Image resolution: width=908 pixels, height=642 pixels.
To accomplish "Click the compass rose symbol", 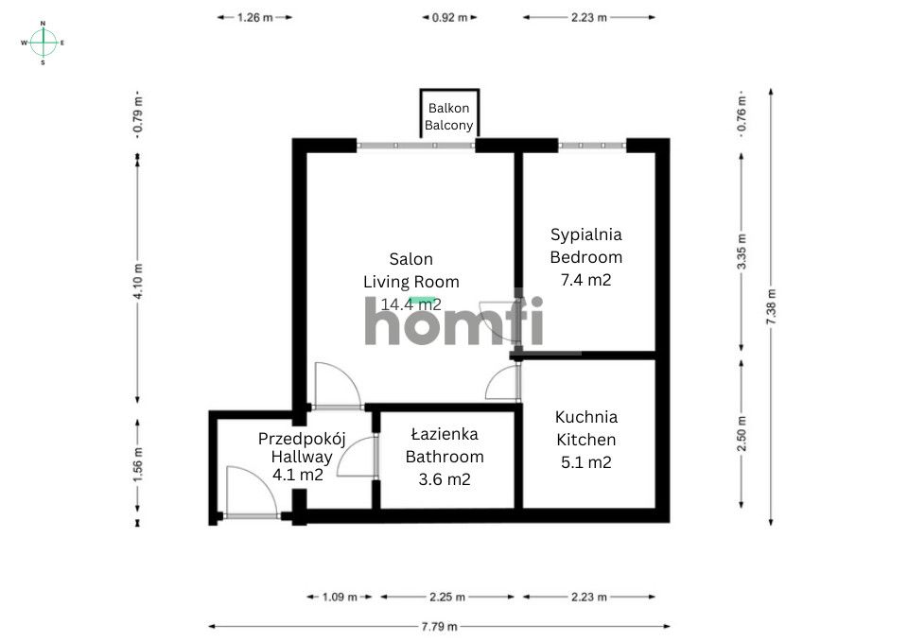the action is tap(43, 43).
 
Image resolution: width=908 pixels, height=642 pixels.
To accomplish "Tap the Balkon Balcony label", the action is tap(448, 116).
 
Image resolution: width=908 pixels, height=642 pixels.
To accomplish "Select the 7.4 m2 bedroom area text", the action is tap(585, 280).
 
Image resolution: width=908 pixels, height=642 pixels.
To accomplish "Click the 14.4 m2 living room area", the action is tap(410, 304).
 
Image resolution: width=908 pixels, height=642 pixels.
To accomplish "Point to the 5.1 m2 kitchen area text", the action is tap(586, 462).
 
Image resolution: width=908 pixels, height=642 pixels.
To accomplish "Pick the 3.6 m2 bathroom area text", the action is tap(445, 479).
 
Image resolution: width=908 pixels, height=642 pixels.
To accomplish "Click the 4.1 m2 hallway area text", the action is tap(298, 475).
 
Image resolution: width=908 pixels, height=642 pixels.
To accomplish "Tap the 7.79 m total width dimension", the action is tap(439, 626).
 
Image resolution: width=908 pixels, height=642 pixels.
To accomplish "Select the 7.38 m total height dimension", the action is tap(771, 306).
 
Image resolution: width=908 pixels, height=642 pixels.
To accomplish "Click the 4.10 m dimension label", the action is tap(138, 282).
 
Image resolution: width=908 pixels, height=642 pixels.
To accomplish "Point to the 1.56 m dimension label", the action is tap(138, 465).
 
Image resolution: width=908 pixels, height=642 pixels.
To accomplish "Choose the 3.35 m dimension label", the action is tap(742, 252).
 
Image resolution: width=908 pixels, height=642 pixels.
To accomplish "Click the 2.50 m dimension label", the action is tap(742, 434).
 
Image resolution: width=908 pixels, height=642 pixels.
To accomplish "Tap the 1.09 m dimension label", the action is tap(340, 597).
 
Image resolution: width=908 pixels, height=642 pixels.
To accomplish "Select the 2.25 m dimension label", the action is tap(447, 597).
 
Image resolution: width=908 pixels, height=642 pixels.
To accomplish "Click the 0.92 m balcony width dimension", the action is tap(449, 17).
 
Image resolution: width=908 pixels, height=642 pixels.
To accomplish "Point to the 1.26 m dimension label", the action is tap(254, 17).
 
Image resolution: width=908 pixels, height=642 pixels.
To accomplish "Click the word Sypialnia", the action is tap(586, 234).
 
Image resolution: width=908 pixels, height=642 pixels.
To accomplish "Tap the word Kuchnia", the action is tap(586, 417).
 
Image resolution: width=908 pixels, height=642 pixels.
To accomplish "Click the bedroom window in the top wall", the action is tap(592, 146).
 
